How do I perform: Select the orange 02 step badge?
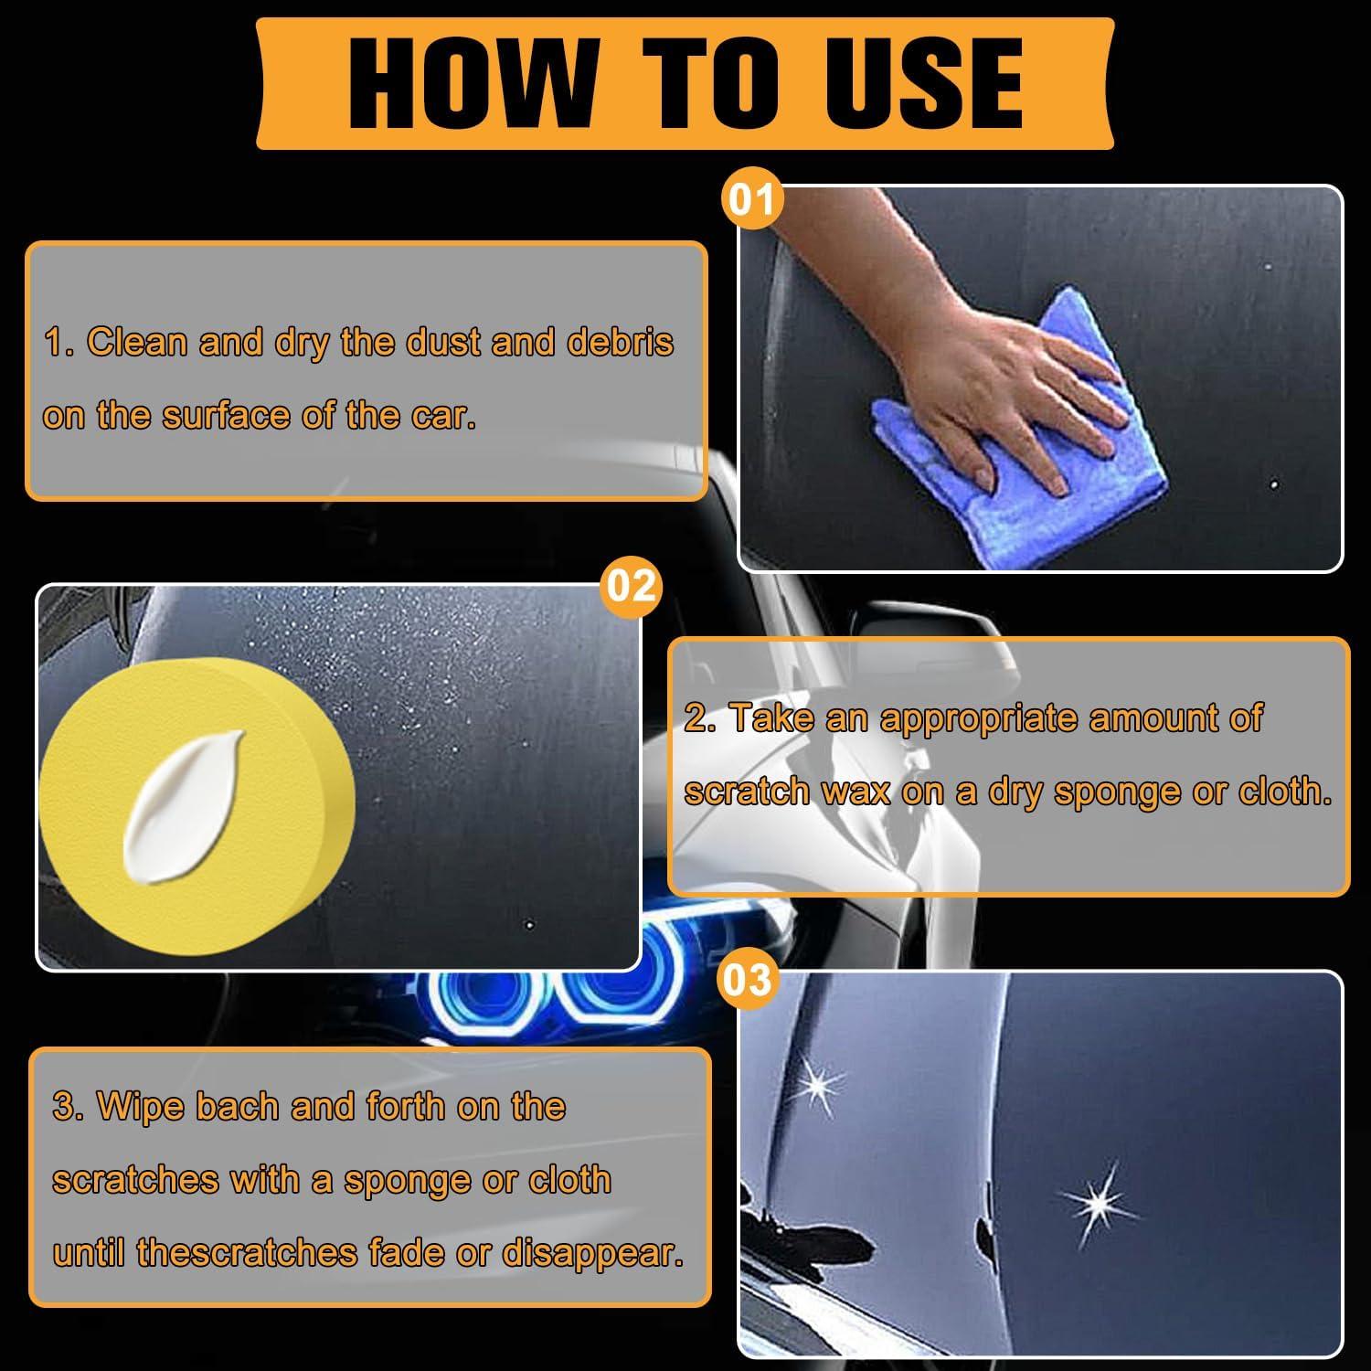coord(631,585)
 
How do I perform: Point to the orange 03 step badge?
coord(747,980)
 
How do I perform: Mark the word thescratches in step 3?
coord(247,1252)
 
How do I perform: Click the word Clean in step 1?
coord(137,342)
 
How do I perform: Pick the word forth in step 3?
coord(407,1106)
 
